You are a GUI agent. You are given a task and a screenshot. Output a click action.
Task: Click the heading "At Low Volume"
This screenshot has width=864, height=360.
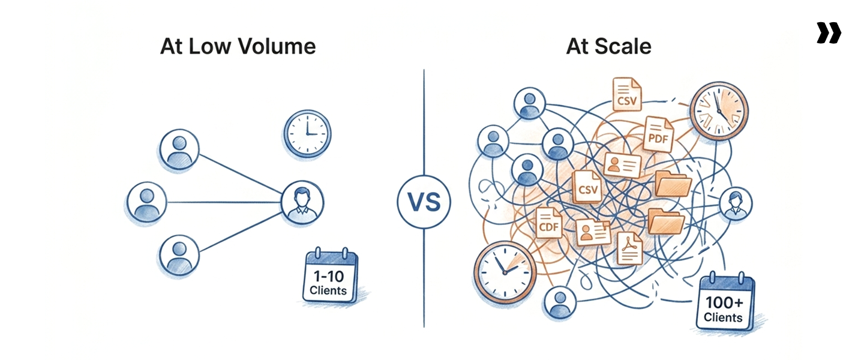point(238,46)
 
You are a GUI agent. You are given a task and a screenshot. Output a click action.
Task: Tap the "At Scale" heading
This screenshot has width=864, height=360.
point(608,46)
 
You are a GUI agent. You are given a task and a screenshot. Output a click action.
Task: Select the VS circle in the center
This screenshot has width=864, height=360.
point(424,202)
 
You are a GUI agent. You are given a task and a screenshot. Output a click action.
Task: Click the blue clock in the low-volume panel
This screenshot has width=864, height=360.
point(307,133)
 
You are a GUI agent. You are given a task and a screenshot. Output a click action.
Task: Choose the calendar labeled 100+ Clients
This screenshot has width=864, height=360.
point(724,303)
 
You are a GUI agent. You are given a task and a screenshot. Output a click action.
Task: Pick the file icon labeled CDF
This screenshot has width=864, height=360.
point(548,223)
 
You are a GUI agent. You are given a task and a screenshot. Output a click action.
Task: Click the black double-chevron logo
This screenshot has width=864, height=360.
point(829,33)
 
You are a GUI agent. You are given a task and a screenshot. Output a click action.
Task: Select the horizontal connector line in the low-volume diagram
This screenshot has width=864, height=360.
point(225,202)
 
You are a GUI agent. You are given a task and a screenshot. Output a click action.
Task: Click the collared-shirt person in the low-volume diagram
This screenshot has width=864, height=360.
point(302,202)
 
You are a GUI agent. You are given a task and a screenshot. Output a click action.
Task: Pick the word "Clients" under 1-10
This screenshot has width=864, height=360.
point(328,291)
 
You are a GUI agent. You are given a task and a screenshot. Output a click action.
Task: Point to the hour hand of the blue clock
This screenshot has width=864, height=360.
point(307,127)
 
